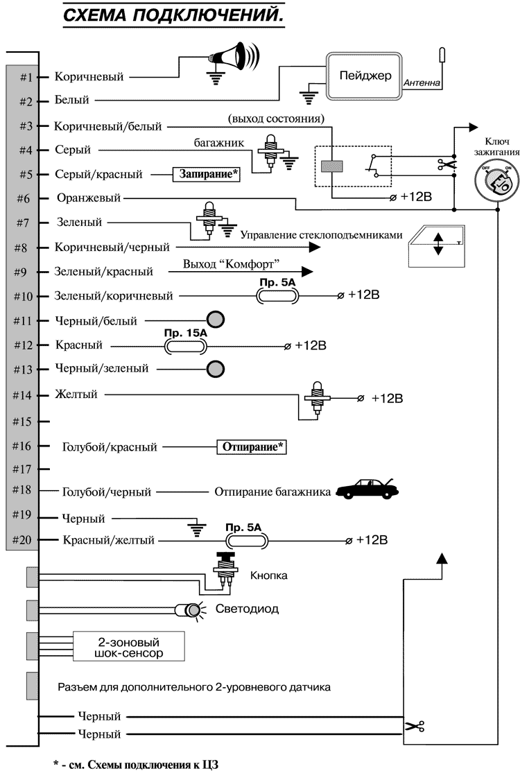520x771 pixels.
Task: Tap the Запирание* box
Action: click(x=206, y=175)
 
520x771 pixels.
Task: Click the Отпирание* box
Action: click(x=252, y=447)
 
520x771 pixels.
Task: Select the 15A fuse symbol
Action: click(x=185, y=345)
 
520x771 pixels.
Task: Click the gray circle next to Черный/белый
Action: click(x=217, y=320)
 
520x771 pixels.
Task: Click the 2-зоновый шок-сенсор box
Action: click(x=130, y=646)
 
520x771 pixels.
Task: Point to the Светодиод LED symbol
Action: click(x=188, y=610)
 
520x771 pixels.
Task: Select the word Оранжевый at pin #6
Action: click(x=88, y=198)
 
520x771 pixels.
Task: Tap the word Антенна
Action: click(x=421, y=83)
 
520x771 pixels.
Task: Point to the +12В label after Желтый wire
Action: click(x=387, y=399)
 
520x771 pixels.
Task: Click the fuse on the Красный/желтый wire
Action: click(x=243, y=540)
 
